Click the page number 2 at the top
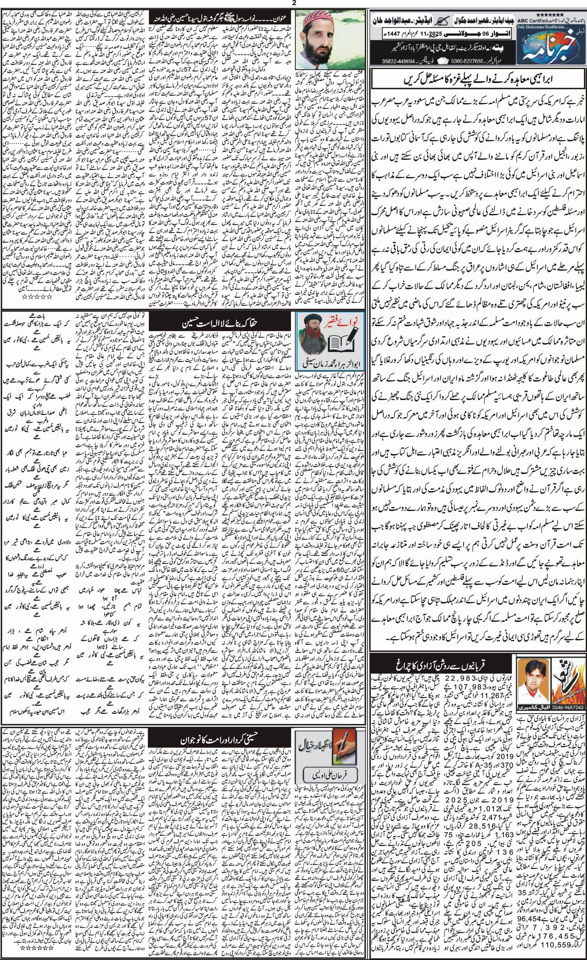point(293,4)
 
